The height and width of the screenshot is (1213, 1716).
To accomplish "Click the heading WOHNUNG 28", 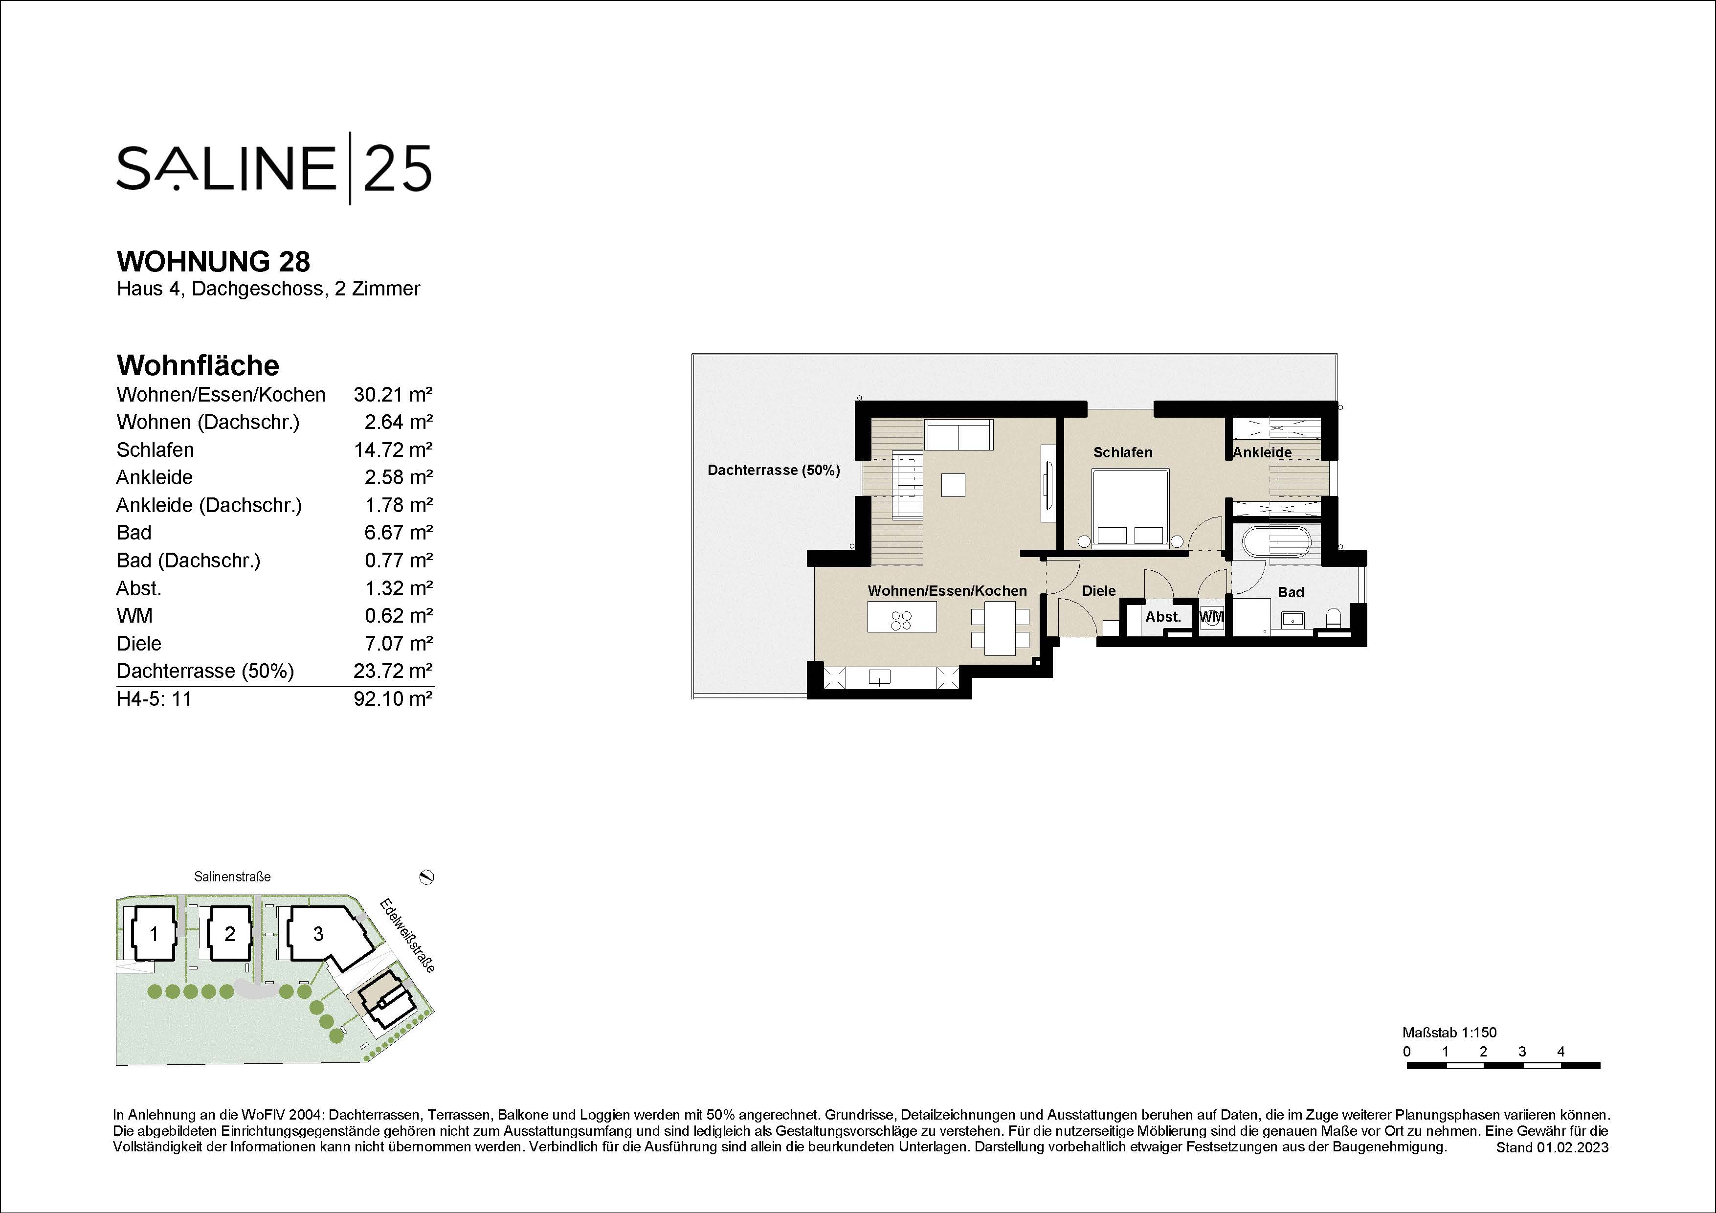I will click(213, 262).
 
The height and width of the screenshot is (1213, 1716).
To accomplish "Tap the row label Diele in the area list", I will click(139, 644).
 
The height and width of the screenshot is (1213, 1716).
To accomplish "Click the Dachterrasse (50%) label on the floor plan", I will click(774, 470).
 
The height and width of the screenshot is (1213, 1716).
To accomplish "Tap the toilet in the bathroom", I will click(1333, 617).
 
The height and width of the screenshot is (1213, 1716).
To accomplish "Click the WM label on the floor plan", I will click(1211, 617).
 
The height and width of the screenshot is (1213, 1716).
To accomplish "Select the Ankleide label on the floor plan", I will click(1262, 452).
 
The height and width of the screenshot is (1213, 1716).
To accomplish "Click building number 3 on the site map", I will click(318, 934).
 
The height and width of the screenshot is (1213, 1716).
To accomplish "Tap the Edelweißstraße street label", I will click(407, 935).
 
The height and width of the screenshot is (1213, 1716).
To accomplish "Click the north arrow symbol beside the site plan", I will click(427, 876).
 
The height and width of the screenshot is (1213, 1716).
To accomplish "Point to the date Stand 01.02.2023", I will click(1552, 1147).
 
